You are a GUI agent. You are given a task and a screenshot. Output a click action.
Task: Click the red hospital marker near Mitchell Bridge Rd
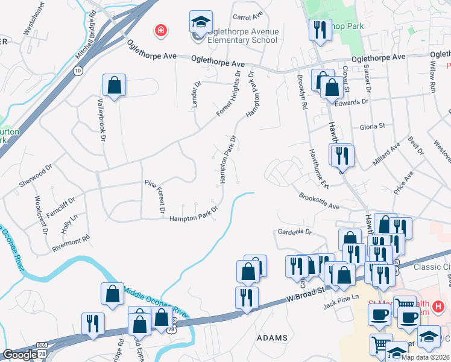[160, 30]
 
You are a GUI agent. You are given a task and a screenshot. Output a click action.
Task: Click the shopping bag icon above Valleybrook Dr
[114, 86]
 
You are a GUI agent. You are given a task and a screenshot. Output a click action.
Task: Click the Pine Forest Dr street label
[153, 197]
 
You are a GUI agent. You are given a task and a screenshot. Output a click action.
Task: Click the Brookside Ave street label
[319, 202]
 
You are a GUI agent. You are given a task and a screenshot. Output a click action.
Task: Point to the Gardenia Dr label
[294, 232]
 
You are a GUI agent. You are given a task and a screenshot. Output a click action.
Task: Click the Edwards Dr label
[351, 102]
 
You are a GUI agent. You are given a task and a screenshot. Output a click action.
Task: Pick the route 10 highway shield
[78, 71]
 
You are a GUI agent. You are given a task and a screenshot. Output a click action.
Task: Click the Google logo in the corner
[19, 355]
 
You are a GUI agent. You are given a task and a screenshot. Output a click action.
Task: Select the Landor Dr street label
[195, 94]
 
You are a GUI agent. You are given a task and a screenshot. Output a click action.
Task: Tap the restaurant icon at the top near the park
[319, 30]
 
